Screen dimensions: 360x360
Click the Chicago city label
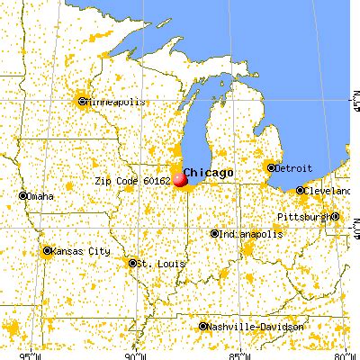coord(209,172)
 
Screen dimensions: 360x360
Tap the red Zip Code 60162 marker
coord(181,179)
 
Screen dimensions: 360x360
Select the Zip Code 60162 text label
coord(131,180)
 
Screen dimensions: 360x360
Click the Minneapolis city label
coord(114,103)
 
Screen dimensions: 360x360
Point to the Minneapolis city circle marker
coord(83,102)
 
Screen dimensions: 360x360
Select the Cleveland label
coord(327,192)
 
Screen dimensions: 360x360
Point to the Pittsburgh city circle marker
coord(334,217)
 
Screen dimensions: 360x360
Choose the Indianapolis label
coord(247,234)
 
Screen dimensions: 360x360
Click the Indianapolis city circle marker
coord(215,234)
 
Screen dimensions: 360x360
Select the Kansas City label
coord(79,251)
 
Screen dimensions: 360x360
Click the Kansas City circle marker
coord(48,251)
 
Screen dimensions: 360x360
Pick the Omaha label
coord(40,196)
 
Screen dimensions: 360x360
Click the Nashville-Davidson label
coord(253,326)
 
